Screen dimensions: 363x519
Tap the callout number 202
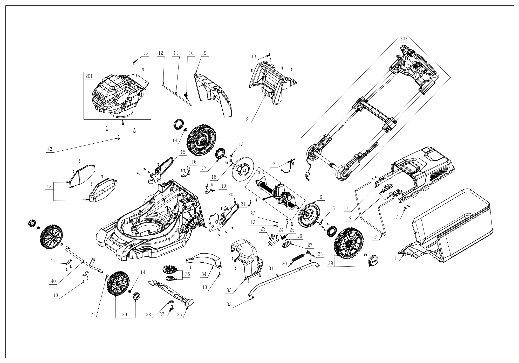click(404, 39)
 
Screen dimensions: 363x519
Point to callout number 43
click(50, 149)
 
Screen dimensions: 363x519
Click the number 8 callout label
click(247, 120)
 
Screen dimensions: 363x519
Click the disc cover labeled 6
click(308, 214)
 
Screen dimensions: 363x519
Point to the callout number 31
click(271, 269)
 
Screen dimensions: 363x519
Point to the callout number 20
click(231, 194)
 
